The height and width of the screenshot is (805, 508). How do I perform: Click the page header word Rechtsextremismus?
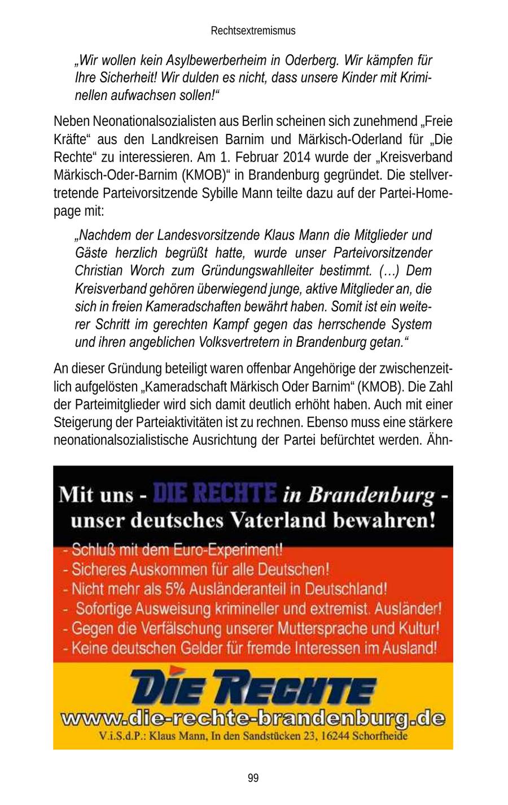[253, 31]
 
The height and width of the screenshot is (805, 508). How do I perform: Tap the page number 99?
[253, 778]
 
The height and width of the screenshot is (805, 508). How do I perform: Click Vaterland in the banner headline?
[279, 520]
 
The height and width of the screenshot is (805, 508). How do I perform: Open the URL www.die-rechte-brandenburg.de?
[253, 720]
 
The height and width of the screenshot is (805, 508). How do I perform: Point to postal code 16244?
[334, 737]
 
